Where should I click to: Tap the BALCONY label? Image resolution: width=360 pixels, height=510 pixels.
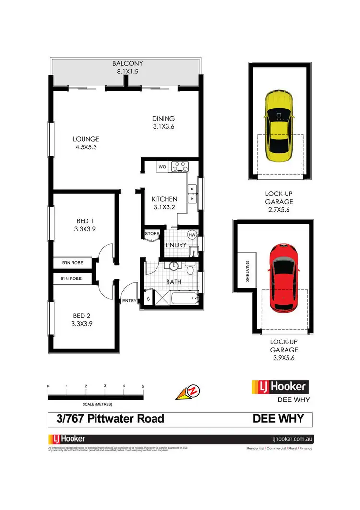point(127,63)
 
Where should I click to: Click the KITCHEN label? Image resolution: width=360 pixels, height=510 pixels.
point(164,199)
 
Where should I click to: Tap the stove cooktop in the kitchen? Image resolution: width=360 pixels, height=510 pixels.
point(180,167)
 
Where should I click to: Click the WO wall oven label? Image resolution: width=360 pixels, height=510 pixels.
point(162,167)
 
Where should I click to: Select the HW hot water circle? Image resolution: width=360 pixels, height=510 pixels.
point(192,235)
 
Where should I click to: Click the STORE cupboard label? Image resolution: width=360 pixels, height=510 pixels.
point(152,234)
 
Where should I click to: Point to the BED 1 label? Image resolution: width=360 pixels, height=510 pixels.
point(85,221)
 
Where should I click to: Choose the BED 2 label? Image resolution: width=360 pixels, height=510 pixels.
point(82,316)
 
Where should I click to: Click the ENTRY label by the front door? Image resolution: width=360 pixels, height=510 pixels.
point(130,301)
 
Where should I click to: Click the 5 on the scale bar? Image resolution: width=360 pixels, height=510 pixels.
point(143,386)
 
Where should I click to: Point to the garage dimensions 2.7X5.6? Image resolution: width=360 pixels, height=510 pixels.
point(279,210)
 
